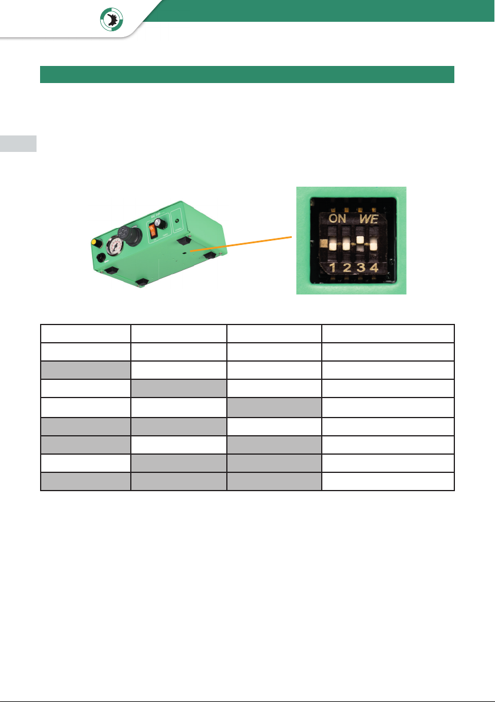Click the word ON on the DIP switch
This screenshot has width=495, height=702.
(x=338, y=218)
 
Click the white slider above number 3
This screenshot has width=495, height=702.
(x=359, y=240)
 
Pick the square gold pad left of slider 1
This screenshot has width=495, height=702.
(x=322, y=243)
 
